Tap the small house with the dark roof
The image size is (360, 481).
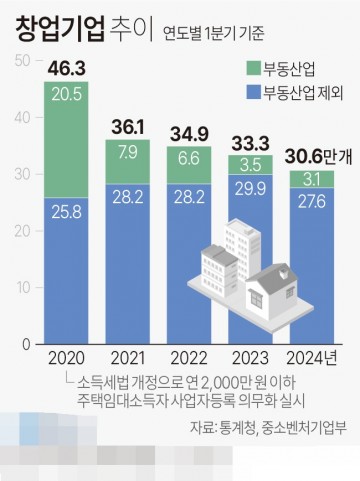pyautogui.click(x=280, y=290)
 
